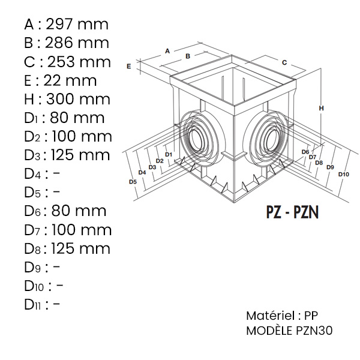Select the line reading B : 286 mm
point(67,43)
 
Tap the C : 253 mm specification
point(67,62)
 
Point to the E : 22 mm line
point(61,80)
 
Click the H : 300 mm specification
point(67,99)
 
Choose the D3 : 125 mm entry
point(67,155)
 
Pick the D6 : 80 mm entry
point(65,211)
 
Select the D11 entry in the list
point(42,304)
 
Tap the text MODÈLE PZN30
point(289,331)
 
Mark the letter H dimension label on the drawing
point(322,109)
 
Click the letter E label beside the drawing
point(128,66)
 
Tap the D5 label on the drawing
point(133,182)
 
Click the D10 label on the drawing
point(343,175)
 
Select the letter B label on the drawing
point(187,56)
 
